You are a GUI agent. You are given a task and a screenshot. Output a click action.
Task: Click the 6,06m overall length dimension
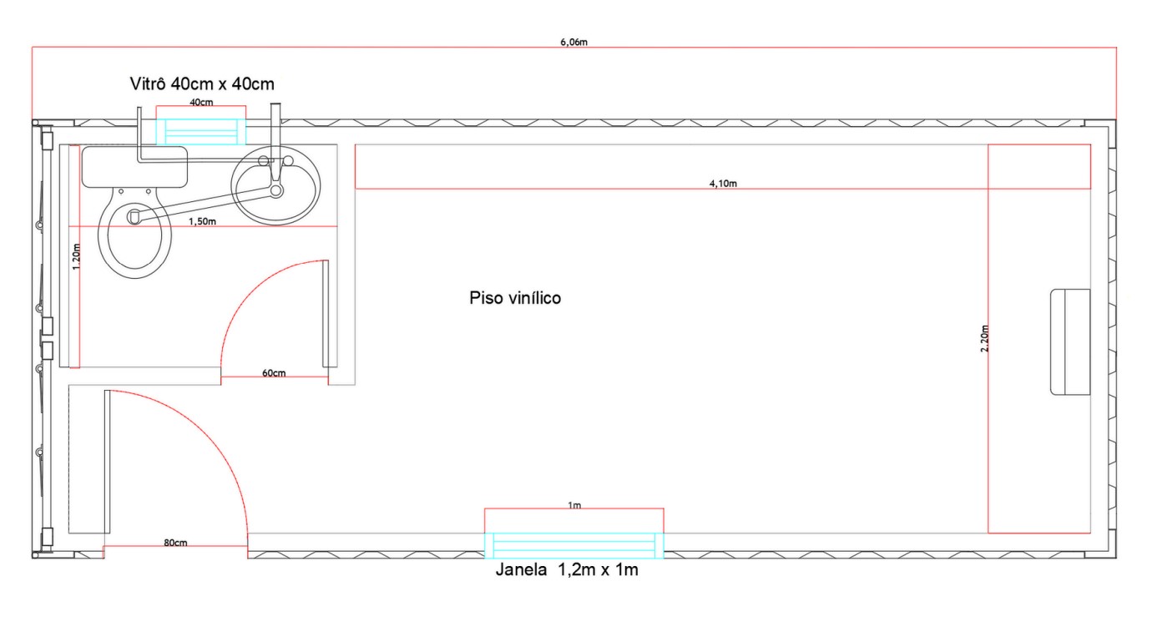[x=574, y=43]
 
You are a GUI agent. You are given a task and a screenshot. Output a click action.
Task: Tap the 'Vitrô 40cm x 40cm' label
[x=202, y=83]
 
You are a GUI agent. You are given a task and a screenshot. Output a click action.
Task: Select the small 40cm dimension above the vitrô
[x=201, y=102]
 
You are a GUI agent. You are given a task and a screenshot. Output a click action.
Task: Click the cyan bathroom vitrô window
[x=201, y=132]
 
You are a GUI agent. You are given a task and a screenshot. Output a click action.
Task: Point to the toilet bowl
[x=135, y=232]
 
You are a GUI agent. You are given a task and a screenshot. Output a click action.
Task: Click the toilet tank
[x=134, y=167]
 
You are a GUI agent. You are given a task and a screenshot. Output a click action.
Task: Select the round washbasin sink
[x=275, y=185]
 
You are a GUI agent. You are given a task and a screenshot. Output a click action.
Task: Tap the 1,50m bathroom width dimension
[x=203, y=222]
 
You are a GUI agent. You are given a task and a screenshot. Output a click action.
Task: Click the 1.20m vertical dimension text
[x=77, y=257]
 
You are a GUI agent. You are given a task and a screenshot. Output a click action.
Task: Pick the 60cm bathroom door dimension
[x=274, y=373]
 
